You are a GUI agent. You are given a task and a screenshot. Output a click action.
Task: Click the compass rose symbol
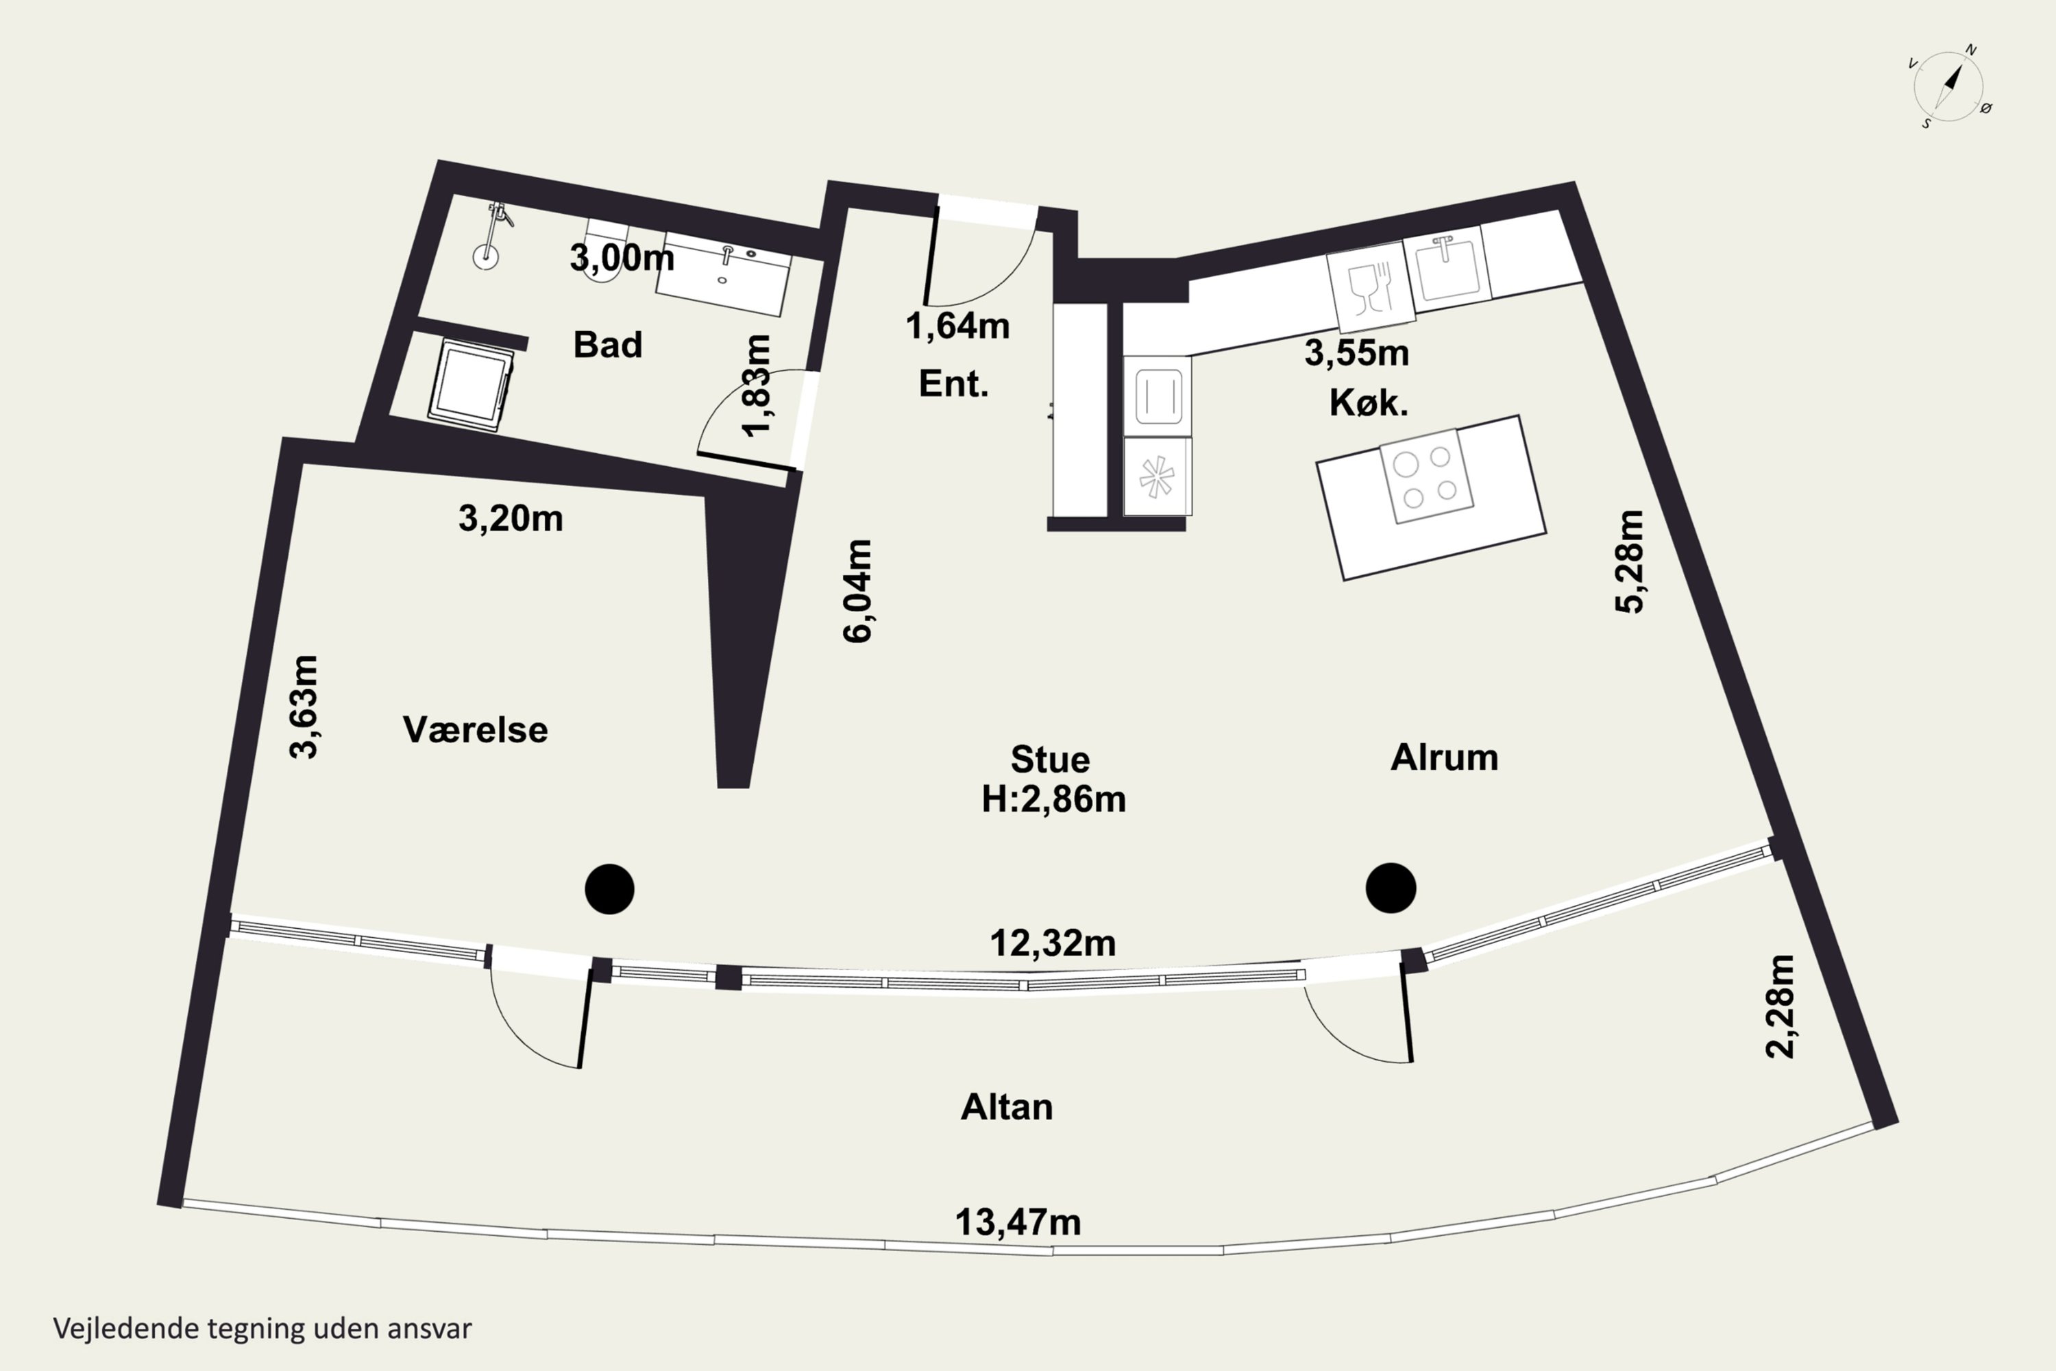(1948, 86)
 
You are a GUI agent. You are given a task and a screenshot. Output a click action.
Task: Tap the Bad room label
(607, 345)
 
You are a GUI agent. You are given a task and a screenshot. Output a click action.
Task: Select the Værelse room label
(475, 729)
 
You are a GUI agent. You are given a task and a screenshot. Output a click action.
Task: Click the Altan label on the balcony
(1006, 1107)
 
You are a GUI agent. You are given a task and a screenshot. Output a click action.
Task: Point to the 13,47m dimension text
(1018, 1222)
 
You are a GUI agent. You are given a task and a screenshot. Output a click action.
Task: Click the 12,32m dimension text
(1053, 943)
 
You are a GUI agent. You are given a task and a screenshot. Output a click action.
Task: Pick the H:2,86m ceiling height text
(1053, 799)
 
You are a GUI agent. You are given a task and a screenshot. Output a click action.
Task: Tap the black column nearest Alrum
(1390, 888)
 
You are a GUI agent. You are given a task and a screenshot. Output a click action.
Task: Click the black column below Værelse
(609, 889)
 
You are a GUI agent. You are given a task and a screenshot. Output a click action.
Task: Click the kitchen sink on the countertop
(1447, 265)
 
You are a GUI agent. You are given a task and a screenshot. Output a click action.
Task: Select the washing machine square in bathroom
(470, 385)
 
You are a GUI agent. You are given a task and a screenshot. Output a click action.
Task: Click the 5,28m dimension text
(1630, 561)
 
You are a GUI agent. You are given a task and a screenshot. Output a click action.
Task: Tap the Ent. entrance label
(953, 384)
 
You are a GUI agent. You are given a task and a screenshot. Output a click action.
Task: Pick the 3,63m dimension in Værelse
(304, 707)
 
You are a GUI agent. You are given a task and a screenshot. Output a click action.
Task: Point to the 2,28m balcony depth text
(1780, 1006)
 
